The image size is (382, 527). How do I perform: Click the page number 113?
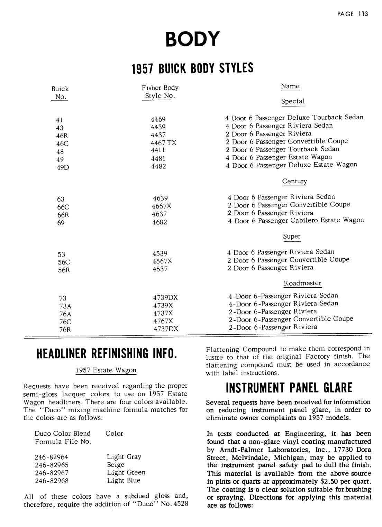[x=363, y=14]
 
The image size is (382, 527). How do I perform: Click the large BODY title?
[x=192, y=38]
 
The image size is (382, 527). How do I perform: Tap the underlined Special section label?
[x=293, y=101]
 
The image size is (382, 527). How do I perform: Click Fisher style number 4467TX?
[x=163, y=142]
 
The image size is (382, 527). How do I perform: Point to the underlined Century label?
[x=294, y=181]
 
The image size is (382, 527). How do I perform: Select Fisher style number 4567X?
[x=162, y=261]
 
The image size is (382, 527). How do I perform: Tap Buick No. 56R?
[x=64, y=270]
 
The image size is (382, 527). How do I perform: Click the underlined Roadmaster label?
[x=302, y=283]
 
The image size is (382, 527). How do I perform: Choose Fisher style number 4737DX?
[x=166, y=329]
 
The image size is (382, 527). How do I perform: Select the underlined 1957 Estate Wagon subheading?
[x=106, y=370]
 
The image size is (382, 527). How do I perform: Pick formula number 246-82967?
[x=52, y=472]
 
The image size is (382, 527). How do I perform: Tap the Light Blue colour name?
[x=124, y=480]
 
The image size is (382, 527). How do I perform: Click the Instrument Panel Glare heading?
[x=289, y=388]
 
